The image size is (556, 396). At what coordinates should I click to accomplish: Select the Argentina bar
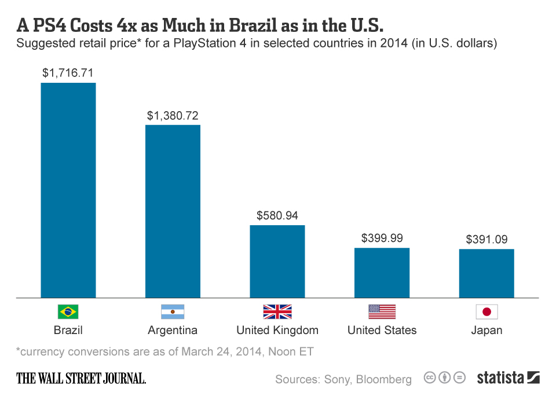[173, 211]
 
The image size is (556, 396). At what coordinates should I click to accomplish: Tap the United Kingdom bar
[277, 261]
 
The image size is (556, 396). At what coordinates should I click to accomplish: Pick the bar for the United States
[382, 273]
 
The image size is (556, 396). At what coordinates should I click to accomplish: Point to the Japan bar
[487, 273]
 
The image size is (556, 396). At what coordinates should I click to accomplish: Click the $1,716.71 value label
[68, 73]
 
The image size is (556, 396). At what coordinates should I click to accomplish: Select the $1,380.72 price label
[173, 116]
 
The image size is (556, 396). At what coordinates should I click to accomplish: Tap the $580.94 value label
[277, 216]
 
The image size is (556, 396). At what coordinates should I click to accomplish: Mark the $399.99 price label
[382, 238]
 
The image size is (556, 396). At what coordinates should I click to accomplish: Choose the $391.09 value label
[487, 239]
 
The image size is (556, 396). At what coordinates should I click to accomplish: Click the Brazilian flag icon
[68, 312]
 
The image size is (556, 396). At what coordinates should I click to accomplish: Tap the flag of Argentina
[173, 312]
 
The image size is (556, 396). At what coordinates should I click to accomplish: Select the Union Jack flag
[277, 312]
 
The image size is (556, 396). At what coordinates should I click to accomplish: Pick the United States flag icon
[382, 312]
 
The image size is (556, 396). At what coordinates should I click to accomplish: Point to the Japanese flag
[487, 312]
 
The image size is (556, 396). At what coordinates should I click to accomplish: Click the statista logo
[508, 378]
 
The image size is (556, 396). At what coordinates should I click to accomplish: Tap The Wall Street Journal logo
[81, 379]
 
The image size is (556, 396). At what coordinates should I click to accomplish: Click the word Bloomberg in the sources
[383, 380]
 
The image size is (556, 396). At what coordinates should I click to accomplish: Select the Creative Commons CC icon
[430, 378]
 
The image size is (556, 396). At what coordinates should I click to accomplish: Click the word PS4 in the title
[52, 25]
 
